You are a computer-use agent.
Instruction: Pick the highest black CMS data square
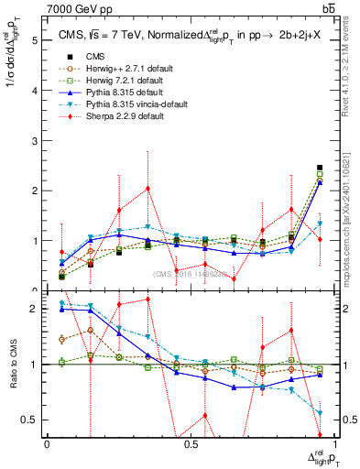(320, 168)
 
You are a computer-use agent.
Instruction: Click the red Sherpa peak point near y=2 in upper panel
(147, 189)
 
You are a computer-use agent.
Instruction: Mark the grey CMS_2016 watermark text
(191, 273)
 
